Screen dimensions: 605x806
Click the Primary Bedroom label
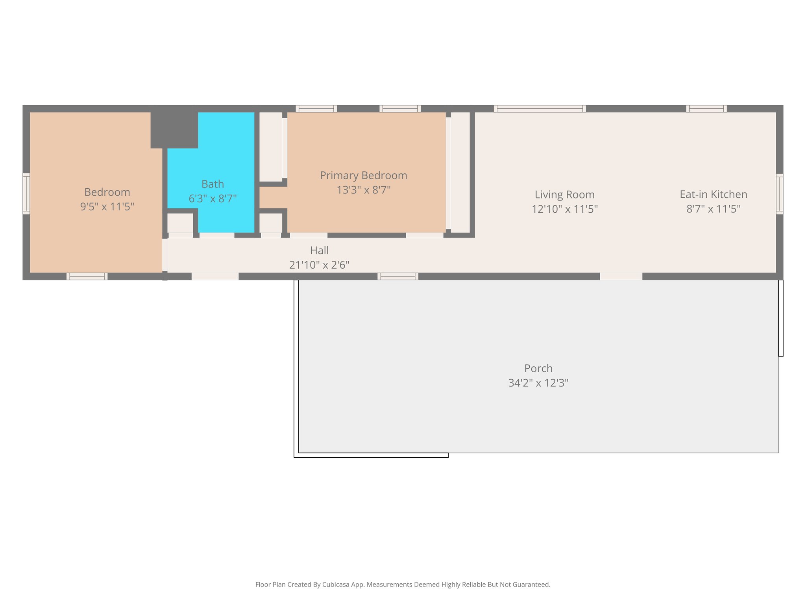pos(363,176)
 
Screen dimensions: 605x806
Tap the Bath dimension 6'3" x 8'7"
pos(213,199)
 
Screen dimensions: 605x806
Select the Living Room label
pos(564,195)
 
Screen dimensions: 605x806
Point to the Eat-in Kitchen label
pos(713,195)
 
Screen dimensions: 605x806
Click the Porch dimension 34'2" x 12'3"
pos(538,383)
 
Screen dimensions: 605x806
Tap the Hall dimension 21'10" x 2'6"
pos(319,265)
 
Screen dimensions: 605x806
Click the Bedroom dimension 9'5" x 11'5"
pos(107,207)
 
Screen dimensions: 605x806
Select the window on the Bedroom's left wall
pos(26,194)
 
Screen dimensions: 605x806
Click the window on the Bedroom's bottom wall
pos(87,277)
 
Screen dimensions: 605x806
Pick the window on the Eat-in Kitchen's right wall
pos(779,194)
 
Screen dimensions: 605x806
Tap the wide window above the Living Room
pos(540,109)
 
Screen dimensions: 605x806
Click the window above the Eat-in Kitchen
pos(706,109)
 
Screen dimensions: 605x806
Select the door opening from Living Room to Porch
pos(621,277)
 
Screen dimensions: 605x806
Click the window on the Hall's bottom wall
pos(398,277)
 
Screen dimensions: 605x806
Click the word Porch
pos(538,369)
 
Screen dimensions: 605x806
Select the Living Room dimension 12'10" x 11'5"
pos(564,209)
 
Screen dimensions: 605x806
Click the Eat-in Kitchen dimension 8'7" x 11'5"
pos(713,209)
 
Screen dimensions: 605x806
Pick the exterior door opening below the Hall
pos(215,277)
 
